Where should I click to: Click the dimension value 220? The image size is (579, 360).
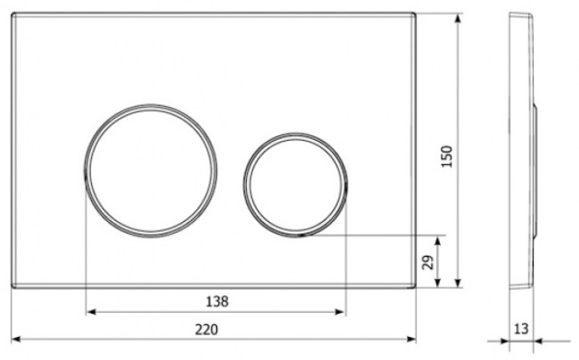207,329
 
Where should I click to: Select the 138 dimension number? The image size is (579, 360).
217,302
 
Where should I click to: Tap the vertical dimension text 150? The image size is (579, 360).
447,156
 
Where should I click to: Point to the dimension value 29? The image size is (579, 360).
427,263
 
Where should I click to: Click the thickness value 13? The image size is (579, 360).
521,328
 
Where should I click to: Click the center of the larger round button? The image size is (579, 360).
151,171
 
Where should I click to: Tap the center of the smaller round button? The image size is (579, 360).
295,184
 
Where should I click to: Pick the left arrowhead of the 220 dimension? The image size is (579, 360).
15,339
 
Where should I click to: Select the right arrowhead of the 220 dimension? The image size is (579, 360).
411,339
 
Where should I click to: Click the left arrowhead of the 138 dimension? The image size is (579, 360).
91,312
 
